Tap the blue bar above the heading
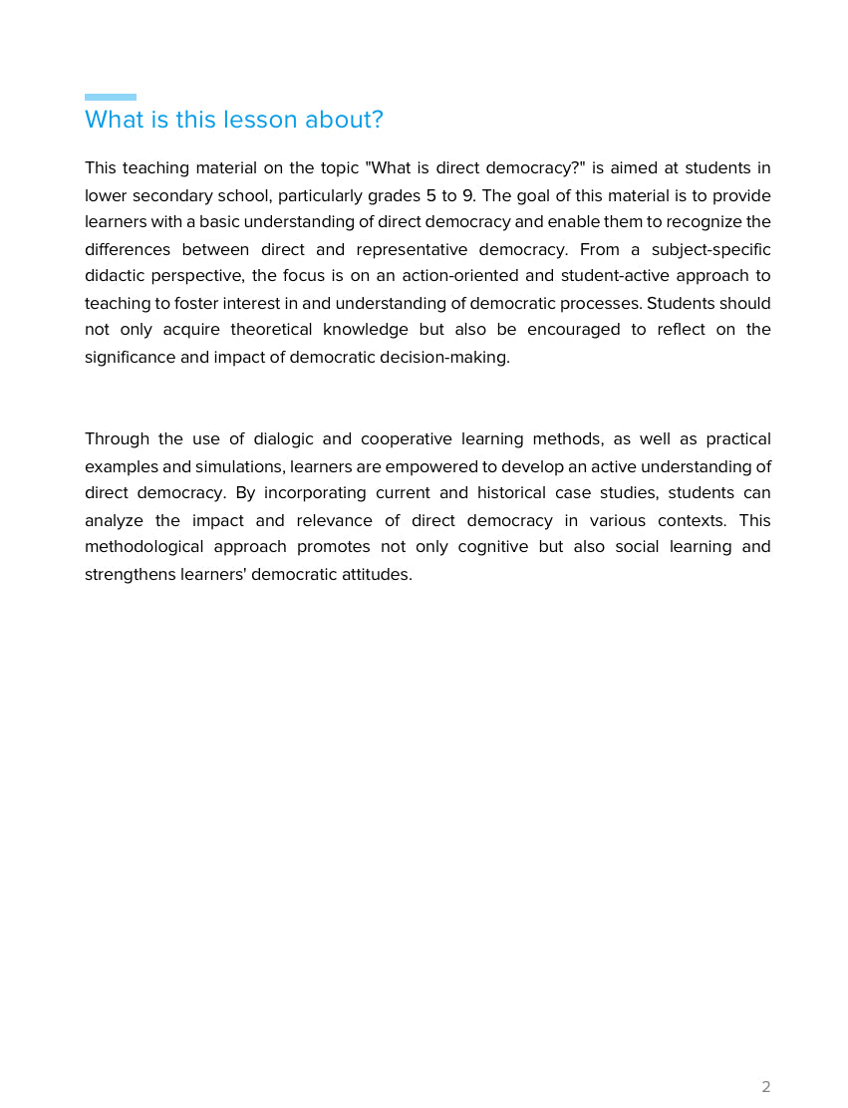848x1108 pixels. click(111, 97)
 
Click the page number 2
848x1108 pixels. click(765, 1086)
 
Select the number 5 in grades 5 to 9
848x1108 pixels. click(430, 195)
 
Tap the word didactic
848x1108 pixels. click(114, 276)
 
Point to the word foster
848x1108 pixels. click(199, 303)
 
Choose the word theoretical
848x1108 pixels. click(270, 330)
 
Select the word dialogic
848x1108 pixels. click(281, 439)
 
